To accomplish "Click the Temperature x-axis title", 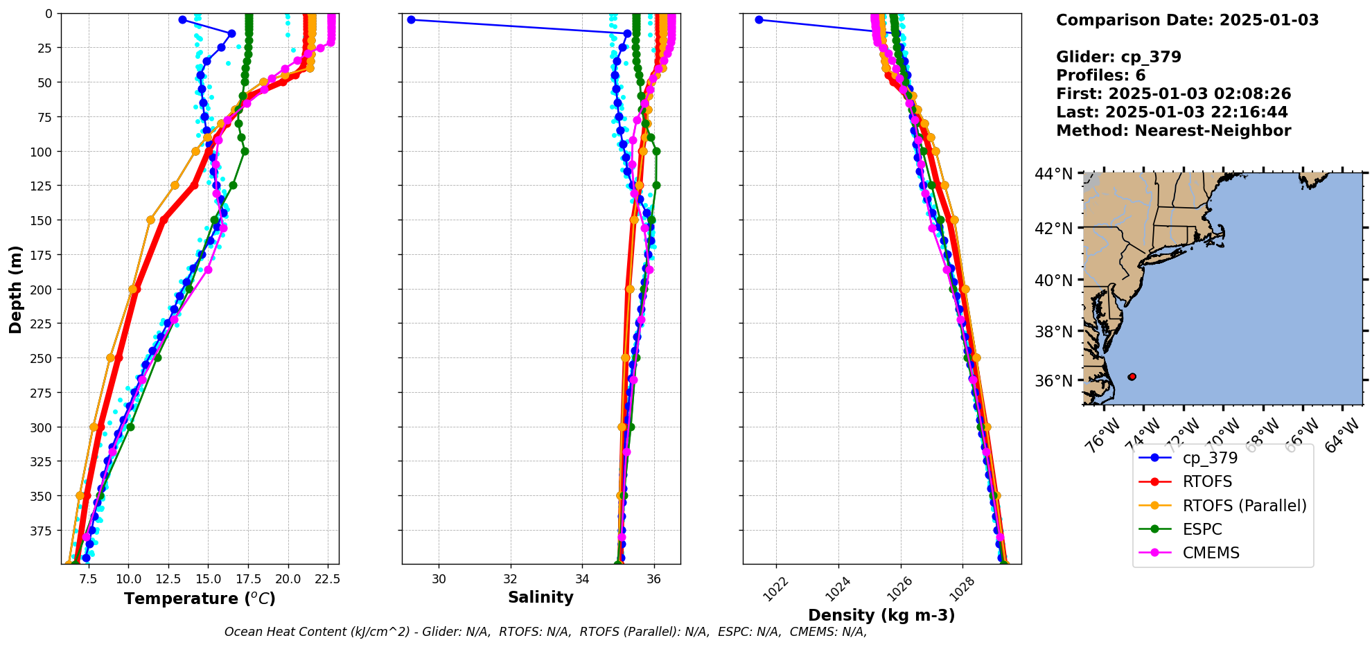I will pos(200,599).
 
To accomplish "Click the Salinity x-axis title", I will pos(540,597).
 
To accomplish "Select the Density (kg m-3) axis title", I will pos(881,615).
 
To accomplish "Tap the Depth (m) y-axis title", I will pos(15,289).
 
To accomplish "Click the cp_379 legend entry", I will pos(1209,458).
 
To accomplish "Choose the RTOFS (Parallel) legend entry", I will pos(1244,506).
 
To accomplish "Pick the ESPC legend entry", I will pos(1202,529).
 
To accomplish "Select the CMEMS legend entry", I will pos(1211,553).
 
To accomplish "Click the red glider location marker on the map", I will pos(1132,377).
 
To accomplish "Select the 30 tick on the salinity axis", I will pos(439,579).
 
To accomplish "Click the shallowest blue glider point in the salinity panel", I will pos(411,19).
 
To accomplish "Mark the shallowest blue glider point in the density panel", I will pos(759,19).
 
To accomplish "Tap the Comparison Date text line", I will pos(1187,20).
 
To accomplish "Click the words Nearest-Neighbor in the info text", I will pos(1213,131).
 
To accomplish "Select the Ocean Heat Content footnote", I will pos(545,632).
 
